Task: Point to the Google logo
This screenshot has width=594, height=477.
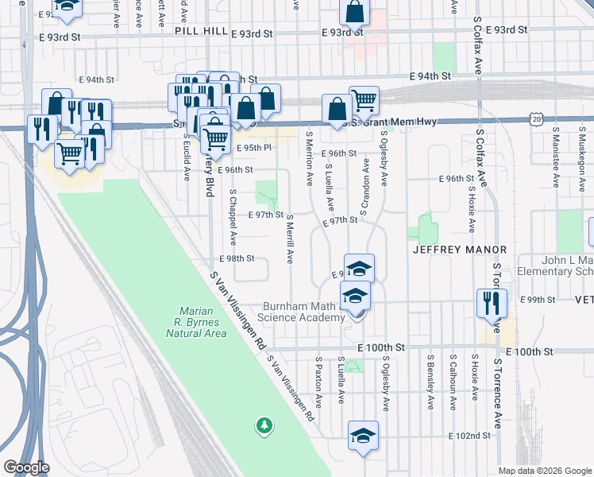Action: point(26,467)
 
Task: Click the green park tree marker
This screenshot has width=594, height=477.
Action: point(264,427)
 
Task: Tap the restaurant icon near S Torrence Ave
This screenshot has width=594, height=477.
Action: point(491,303)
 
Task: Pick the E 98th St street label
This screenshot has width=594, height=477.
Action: point(236,258)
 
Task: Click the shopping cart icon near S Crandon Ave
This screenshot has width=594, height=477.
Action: point(364,100)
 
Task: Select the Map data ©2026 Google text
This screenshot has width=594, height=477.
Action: point(545,471)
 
